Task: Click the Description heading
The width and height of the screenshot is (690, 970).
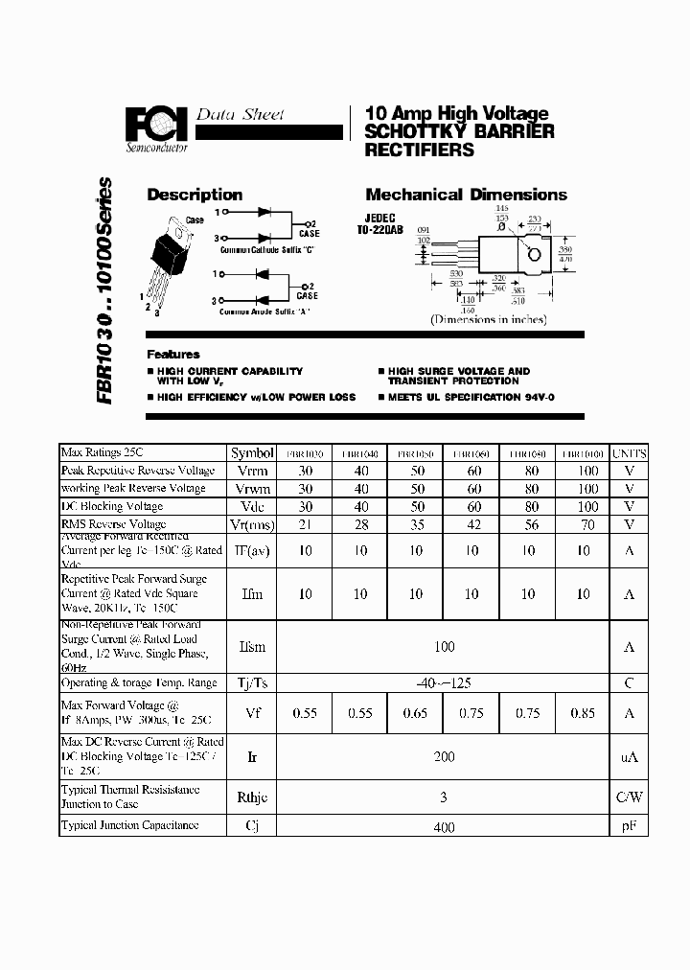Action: coord(194,195)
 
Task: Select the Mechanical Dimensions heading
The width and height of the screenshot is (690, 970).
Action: coord(466,195)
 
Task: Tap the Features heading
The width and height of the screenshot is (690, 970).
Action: coord(173,354)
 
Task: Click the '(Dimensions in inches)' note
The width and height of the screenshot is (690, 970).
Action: coord(488,319)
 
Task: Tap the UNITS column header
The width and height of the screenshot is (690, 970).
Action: coord(630,452)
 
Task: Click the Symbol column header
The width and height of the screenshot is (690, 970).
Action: coord(252,452)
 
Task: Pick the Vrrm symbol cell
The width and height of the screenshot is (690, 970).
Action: coord(252,471)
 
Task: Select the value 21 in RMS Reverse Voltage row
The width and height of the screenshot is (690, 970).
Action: coord(305,524)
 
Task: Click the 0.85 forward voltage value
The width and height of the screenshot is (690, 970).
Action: coord(583,713)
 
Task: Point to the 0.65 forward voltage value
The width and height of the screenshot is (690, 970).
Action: coord(415,713)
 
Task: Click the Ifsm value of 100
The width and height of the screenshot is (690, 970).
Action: coord(444,647)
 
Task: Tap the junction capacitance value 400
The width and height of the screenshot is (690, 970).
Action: coord(444,827)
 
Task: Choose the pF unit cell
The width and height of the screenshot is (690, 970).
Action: coord(630,826)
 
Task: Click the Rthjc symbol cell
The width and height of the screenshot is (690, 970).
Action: coord(252,797)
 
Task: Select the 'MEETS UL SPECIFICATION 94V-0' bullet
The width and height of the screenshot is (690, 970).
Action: coord(471,397)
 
